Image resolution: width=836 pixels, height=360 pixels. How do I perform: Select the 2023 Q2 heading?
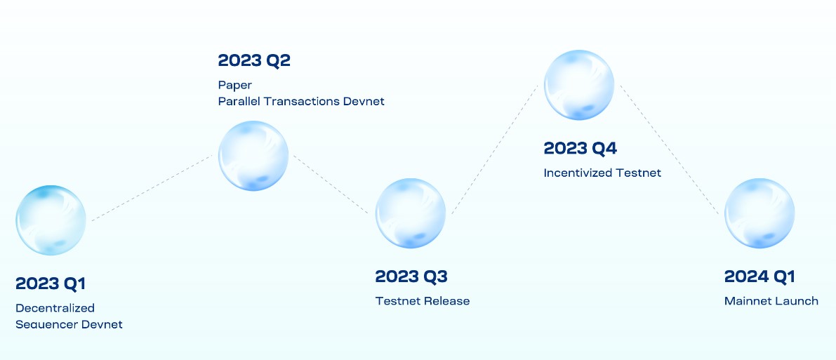click(254, 60)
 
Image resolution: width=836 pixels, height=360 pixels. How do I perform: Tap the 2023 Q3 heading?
click(411, 276)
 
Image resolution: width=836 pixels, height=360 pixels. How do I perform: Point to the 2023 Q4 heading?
click(580, 149)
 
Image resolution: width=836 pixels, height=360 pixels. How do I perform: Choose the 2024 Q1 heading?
click(759, 276)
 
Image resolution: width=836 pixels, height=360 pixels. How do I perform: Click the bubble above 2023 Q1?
click(51, 220)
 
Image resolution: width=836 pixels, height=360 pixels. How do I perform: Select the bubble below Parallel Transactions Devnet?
click(253, 156)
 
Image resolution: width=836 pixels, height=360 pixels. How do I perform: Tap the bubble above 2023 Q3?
click(411, 213)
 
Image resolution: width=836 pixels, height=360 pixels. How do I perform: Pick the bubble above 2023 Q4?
click(580, 85)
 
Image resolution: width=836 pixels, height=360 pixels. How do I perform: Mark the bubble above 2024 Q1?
click(759, 213)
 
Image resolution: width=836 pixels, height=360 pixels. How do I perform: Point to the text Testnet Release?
click(422, 301)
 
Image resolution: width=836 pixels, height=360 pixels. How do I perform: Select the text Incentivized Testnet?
click(602, 173)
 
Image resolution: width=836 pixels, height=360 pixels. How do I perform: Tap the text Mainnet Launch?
click(771, 301)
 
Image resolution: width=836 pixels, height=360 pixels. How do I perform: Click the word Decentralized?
click(55, 308)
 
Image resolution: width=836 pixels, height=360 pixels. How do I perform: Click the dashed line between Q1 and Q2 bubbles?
click(151, 188)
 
